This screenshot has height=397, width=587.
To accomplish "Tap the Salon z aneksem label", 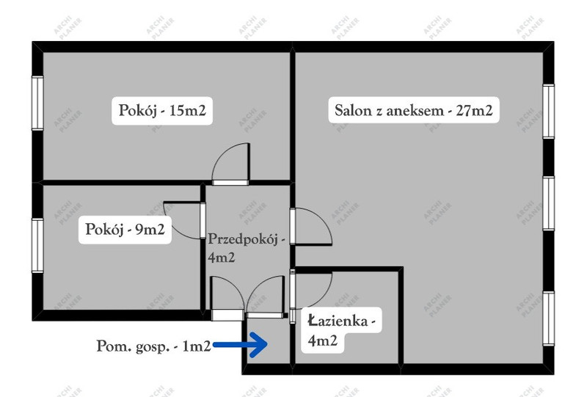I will click(412, 112).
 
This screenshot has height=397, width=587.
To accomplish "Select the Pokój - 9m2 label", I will click(125, 230).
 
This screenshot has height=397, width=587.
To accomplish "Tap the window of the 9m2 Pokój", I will click(36, 245).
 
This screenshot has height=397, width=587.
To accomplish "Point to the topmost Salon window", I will click(549, 112).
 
